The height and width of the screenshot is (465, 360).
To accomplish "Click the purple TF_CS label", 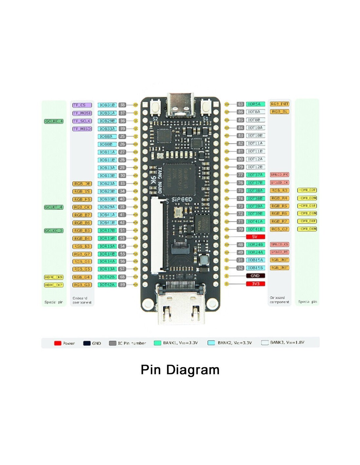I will tap(82, 105).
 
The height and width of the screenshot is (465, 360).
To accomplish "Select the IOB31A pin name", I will tap(107, 113).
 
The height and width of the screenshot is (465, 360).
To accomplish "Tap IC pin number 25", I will tap(122, 137).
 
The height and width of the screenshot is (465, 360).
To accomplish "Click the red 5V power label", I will tap(255, 237).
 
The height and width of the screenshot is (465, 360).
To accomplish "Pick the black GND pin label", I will tap(255, 276).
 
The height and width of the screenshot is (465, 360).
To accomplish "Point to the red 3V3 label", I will tap(255, 284).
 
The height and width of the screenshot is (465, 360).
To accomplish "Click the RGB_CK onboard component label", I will tap(82, 207).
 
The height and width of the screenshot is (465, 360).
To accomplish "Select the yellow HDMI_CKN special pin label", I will tap(54, 277).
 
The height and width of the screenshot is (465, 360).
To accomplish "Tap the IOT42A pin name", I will tap(107, 285).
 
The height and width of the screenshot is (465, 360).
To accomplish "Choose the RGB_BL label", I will tap(279, 112).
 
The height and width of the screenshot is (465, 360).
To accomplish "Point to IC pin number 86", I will tap(241, 112).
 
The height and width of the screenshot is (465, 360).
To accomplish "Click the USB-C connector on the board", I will tap(180, 105).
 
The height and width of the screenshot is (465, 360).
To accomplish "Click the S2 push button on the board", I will tap(155, 107).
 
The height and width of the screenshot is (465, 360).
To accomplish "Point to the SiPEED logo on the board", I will tap(182, 199).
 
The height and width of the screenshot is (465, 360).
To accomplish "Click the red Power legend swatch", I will tap(58, 343).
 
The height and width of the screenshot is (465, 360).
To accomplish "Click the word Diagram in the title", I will tap(193, 370).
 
